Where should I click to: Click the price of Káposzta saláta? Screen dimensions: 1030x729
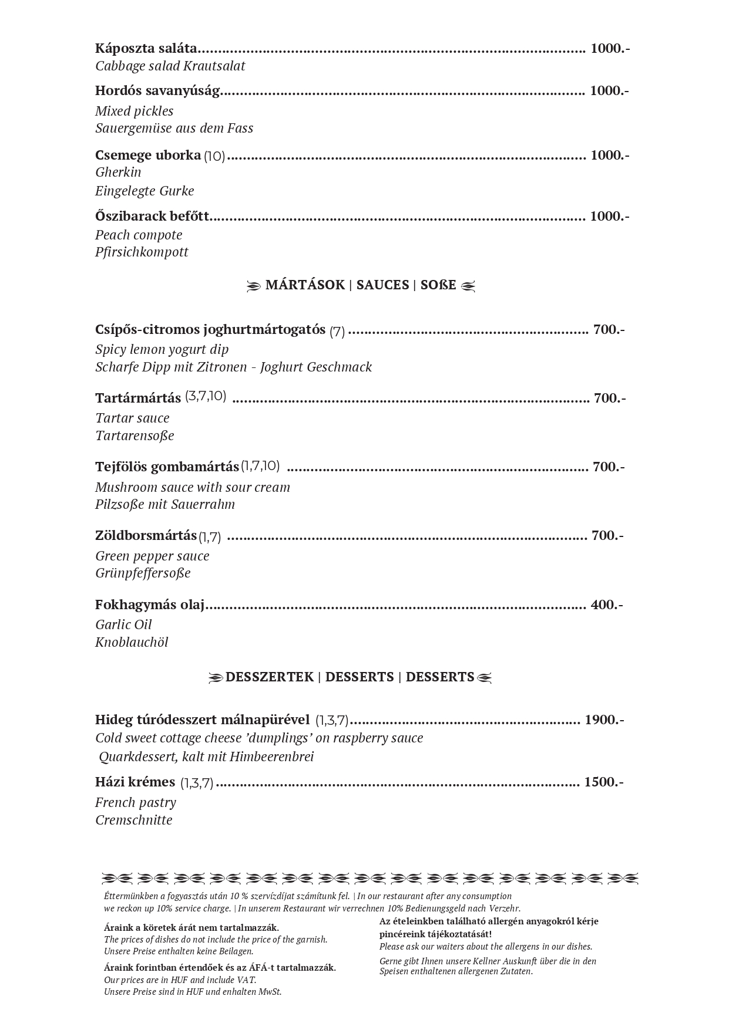point(610,48)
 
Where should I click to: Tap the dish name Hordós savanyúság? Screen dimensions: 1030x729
point(157,91)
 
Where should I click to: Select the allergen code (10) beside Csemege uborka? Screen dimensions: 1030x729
point(214,156)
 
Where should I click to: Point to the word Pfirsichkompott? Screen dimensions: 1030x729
point(142,252)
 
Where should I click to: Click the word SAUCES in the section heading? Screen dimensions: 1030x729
point(382,285)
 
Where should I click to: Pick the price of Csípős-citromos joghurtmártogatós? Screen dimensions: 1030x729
point(609,329)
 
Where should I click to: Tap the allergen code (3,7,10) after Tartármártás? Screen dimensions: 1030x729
point(206,396)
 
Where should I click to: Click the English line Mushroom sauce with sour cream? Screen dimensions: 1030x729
point(193,487)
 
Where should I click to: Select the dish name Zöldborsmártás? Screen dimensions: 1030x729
point(146,536)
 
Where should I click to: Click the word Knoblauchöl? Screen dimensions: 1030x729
point(132,642)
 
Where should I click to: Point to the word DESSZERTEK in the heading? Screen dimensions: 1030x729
point(270,677)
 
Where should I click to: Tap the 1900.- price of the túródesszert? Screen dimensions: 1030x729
point(604,720)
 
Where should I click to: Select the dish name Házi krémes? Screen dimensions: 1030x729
point(135,782)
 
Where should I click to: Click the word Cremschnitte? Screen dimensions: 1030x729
point(134,820)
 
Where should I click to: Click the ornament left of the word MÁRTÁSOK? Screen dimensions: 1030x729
point(253,286)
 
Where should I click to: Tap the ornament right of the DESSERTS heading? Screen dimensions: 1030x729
point(484,678)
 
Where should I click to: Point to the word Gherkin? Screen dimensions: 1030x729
point(118,172)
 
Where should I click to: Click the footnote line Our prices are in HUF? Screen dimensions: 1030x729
point(180,980)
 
